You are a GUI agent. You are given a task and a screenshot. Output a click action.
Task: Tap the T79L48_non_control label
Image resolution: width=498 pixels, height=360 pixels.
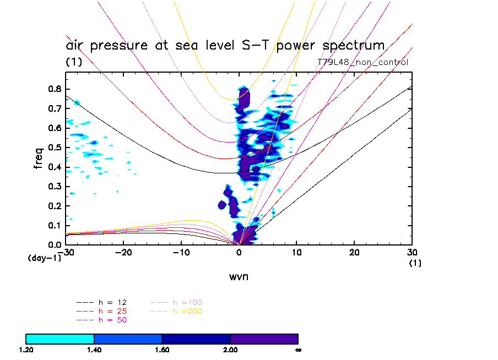[363, 62]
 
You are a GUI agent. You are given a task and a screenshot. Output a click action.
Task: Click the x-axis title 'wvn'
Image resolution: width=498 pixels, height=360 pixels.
[239, 277]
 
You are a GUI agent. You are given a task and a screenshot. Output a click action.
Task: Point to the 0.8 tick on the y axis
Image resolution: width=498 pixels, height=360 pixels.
[55, 89]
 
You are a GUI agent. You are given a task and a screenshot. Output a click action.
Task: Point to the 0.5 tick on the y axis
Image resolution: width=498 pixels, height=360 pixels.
[55, 148]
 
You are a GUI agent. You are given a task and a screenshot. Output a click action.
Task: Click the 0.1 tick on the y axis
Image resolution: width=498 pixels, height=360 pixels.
[55, 225]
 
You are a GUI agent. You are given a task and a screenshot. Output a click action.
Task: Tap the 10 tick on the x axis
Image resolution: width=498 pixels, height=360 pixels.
[297, 252]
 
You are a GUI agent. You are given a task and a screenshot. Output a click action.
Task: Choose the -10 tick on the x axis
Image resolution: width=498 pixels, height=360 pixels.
[181, 252]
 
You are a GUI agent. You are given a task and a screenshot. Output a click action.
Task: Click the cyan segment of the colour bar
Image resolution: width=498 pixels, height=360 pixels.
[60, 339]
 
